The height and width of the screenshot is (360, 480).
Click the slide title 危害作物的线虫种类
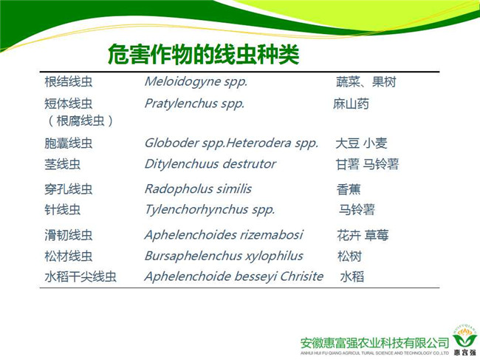(204, 55)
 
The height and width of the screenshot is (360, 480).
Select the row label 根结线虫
(68, 82)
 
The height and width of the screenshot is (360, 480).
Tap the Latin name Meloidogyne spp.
(196, 82)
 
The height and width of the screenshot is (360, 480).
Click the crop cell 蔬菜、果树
(366, 82)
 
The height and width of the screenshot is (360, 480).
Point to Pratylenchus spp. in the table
(194, 104)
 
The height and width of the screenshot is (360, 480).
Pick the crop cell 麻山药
(351, 104)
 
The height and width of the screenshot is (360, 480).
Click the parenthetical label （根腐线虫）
(80, 120)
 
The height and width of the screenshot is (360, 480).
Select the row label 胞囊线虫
(68, 143)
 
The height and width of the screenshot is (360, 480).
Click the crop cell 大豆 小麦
(362, 143)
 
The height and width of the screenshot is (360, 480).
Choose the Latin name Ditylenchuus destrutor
(210, 164)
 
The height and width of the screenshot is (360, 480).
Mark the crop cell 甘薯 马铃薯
(367, 164)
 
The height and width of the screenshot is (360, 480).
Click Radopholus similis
(198, 189)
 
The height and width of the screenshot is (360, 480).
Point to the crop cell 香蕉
(349, 189)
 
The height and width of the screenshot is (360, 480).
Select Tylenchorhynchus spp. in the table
(210, 210)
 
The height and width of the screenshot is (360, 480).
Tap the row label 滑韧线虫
(68, 235)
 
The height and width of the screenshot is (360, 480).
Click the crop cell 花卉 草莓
(363, 235)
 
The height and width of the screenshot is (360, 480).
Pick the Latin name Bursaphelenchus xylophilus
(224, 256)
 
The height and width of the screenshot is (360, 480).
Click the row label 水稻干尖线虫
(80, 276)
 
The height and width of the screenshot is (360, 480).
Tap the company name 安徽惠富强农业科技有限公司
(374, 343)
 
